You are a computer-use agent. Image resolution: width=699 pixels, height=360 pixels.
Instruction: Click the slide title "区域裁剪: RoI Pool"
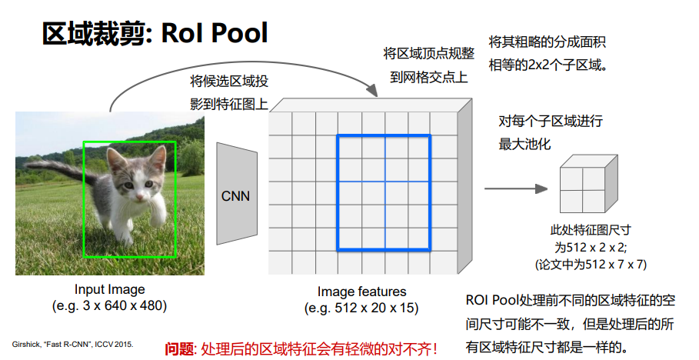[x=155, y=33]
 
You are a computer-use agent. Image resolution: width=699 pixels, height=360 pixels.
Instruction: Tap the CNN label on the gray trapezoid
[x=235, y=196]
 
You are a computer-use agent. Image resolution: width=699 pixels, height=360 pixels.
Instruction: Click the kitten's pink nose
[x=139, y=196]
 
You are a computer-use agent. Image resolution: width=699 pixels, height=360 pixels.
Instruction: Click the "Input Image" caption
[x=110, y=289]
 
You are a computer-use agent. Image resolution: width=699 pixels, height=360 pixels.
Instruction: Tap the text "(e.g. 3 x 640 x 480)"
[x=109, y=306]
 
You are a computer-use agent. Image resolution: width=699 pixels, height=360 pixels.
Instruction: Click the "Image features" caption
[x=361, y=292]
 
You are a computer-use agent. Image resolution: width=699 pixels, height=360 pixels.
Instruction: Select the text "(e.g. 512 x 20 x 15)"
[x=361, y=308]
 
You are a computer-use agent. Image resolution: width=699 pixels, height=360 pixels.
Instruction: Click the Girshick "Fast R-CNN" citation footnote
[x=72, y=345]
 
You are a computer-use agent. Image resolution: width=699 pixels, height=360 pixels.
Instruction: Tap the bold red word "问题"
[x=179, y=348]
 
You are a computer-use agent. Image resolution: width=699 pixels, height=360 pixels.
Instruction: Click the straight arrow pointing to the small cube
[x=516, y=188]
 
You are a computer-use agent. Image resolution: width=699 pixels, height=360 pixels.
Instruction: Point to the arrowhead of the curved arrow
[x=372, y=91]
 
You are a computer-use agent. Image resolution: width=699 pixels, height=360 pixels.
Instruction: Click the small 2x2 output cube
[x=588, y=184]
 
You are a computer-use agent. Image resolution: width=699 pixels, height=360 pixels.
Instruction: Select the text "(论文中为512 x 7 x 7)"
[x=591, y=264]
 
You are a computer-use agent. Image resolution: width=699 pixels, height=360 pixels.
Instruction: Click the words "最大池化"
[x=524, y=144]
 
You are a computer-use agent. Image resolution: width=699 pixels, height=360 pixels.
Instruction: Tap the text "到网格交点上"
[x=429, y=77]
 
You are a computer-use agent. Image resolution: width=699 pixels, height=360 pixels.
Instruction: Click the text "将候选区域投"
[x=229, y=82]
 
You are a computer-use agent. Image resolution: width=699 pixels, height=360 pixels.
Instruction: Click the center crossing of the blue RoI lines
[x=385, y=182]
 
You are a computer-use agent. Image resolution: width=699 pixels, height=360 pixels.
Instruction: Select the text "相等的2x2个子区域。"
[x=549, y=65]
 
